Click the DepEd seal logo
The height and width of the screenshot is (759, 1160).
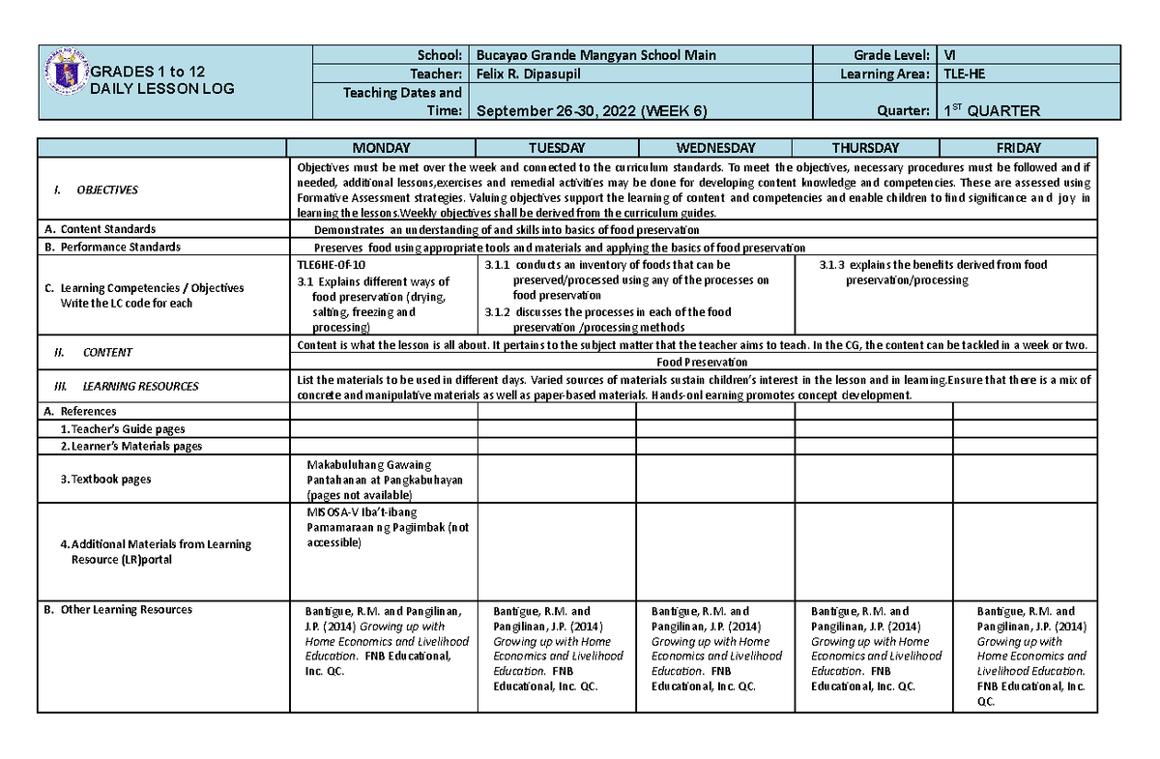(x=67, y=72)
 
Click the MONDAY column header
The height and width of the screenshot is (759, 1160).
(x=381, y=148)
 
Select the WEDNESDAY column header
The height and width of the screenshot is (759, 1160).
(x=715, y=148)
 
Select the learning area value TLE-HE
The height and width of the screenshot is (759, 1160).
(x=966, y=74)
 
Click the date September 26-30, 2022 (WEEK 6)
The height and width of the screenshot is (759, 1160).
(x=591, y=110)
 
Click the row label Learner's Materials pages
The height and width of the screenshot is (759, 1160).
(x=130, y=446)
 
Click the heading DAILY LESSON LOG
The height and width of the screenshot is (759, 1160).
(x=161, y=89)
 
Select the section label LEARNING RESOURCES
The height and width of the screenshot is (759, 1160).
(x=140, y=386)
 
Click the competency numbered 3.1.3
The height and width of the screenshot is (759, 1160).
(x=933, y=272)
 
